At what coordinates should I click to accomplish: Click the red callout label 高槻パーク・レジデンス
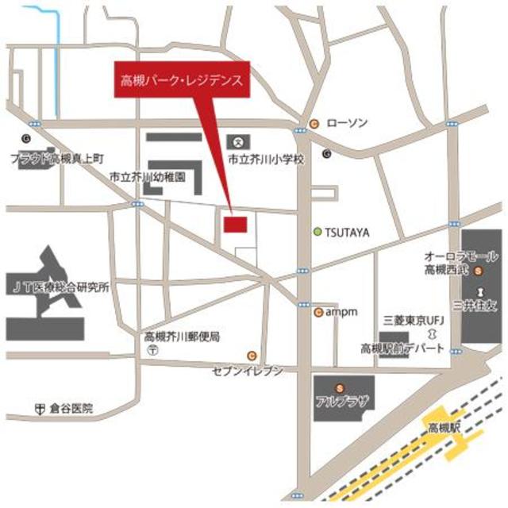(x=183, y=80)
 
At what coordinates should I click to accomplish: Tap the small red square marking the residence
(x=234, y=224)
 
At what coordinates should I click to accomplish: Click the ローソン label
(x=347, y=123)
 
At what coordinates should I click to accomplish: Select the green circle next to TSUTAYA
(x=317, y=232)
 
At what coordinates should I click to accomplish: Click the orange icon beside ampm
(x=318, y=312)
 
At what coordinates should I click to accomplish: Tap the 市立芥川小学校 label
(x=267, y=159)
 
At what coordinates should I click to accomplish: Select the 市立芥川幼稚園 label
(x=147, y=178)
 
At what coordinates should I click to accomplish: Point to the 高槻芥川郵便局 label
(x=177, y=336)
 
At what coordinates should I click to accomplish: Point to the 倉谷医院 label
(x=70, y=409)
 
